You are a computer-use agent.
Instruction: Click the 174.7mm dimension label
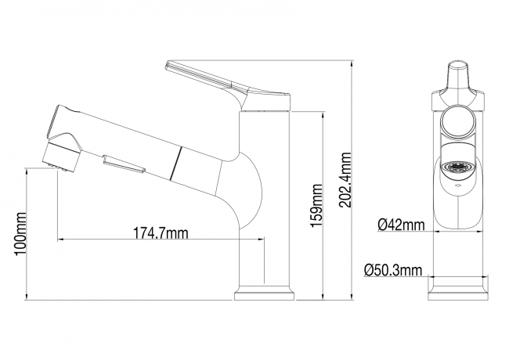click(x=161, y=233)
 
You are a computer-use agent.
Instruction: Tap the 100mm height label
click(x=20, y=233)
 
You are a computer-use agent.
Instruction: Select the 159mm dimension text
click(x=316, y=206)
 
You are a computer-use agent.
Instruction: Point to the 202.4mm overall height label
click(x=345, y=180)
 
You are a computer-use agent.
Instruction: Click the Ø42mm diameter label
click(x=401, y=225)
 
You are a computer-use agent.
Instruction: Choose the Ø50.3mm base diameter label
click(x=393, y=270)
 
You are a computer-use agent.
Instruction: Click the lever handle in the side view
click(x=227, y=86)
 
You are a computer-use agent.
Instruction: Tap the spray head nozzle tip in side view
click(x=62, y=157)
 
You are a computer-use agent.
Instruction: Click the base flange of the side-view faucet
click(x=264, y=296)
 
